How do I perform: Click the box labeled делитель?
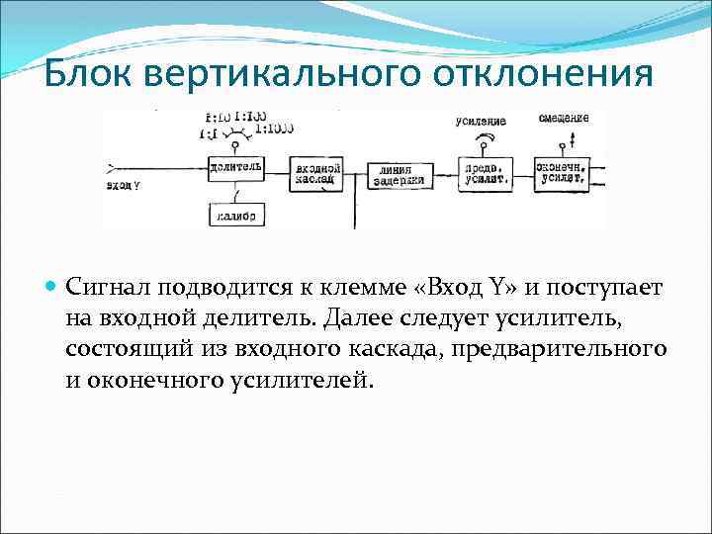[x=235, y=167]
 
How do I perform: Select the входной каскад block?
[x=318, y=173]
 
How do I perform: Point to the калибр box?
[x=234, y=215]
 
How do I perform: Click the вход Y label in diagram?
[x=123, y=184]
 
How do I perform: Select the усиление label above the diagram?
[x=481, y=122]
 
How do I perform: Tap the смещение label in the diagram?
[x=564, y=118]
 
